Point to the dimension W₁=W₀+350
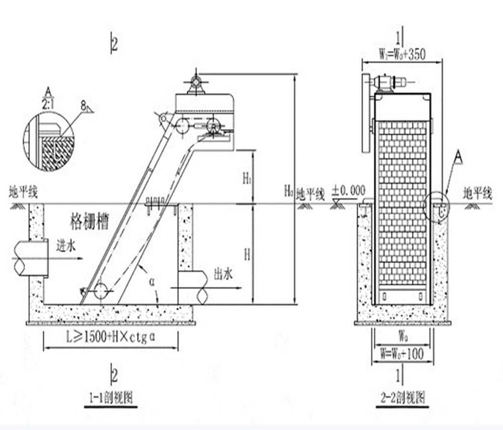coord(402,54)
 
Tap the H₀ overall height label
coord(288,190)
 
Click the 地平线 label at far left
coord(23,192)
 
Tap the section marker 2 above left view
coord(115,44)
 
